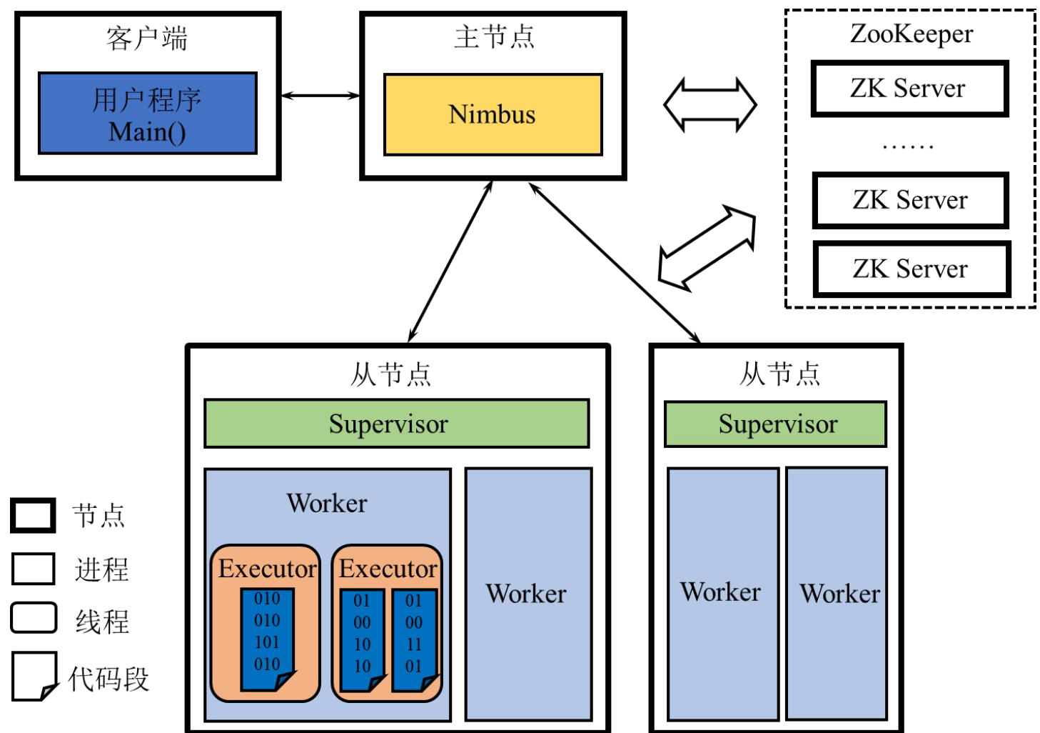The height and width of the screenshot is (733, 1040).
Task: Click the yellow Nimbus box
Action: coord(493,114)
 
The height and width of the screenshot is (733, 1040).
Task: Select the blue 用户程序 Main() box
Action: coord(148,113)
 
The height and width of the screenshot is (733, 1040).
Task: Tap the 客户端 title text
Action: coord(147,38)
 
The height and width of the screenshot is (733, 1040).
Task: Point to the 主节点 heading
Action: coord(494,37)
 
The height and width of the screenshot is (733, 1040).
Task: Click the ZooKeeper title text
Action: coord(912,34)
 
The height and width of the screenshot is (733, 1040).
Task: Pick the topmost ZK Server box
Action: coord(910,89)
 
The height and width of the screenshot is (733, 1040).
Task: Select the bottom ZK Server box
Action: coord(912,269)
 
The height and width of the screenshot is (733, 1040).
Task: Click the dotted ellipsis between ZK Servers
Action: coord(908,147)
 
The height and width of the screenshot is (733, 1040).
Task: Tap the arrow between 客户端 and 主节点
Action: coord(320,96)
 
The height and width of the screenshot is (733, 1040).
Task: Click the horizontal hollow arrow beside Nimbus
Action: coord(710,105)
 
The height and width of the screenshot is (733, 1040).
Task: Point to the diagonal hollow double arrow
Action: coord(707,248)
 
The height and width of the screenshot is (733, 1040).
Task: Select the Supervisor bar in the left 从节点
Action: coord(397,424)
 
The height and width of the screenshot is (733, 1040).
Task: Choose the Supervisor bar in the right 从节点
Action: coord(775,424)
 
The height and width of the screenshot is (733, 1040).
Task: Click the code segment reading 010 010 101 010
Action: coord(268,639)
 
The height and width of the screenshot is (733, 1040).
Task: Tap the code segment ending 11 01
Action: coord(415,641)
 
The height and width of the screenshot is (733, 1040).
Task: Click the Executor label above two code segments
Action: coord(388,569)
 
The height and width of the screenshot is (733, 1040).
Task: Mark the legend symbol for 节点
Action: coord(33,516)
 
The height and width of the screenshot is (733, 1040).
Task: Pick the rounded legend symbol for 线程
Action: coord(34,618)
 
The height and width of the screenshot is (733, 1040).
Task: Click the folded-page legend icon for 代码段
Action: coord(35,677)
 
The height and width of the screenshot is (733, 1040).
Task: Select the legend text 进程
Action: coord(101,569)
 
